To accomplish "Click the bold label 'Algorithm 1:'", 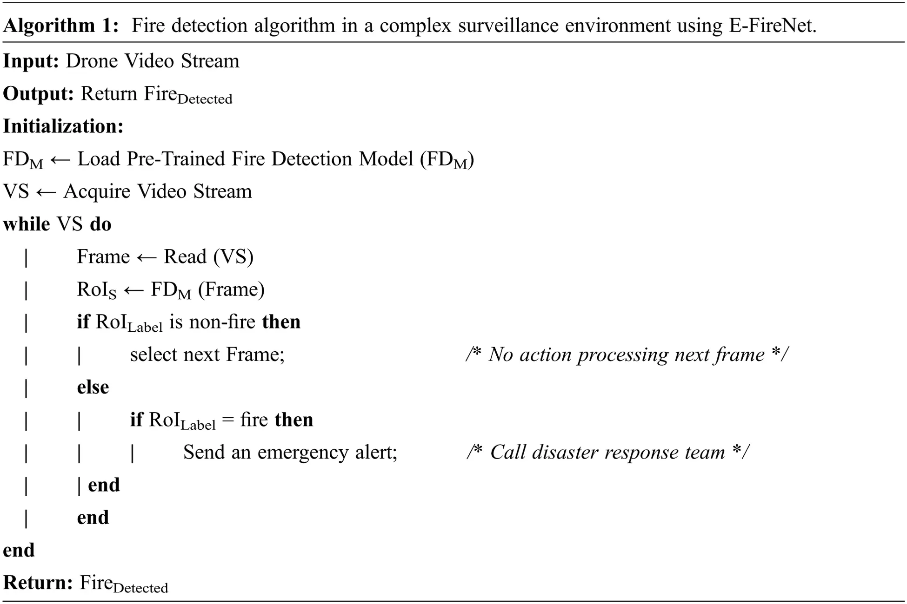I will pos(61,25).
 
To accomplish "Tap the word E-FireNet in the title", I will pos(772,25).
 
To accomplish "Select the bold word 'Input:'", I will pos(31,61).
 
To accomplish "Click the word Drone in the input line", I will pos(91,61).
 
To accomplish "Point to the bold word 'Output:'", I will pos(38,94).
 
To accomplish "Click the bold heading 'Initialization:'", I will pos(63,126).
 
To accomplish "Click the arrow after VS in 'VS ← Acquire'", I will pos(46,192).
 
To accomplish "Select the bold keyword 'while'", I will pos(27,224).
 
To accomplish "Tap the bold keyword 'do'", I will pos(100,224).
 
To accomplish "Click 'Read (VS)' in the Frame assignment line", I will pos(208,257).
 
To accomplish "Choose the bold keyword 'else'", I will pos(93,387).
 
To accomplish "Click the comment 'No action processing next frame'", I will pos(626,355).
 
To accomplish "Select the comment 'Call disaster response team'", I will pos(607,453).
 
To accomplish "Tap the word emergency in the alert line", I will pos(302,453).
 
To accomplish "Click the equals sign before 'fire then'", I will pos(228,420).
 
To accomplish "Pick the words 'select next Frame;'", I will pos(207,355).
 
